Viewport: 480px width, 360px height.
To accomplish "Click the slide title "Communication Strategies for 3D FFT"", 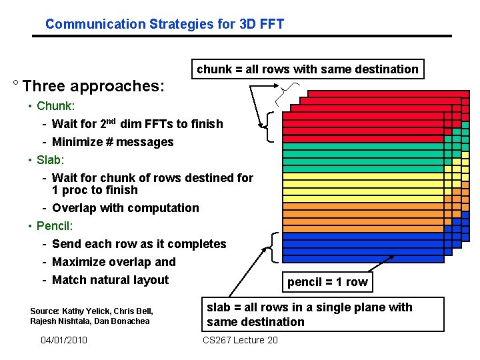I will coord(165,25).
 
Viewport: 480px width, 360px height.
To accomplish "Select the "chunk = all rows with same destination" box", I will coord(307,69).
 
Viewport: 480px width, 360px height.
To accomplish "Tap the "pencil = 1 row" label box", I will coord(327,282).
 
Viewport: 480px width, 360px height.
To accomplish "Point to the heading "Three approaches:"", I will coord(93,87).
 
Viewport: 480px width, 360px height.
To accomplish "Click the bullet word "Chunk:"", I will coord(55,106).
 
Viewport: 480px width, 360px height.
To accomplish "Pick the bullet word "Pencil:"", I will coord(55,226).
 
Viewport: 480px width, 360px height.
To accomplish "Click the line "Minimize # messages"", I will coord(112,142).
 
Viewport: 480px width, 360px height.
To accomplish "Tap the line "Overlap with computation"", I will coord(125,208).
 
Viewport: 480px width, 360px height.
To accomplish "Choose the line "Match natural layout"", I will coord(110,280).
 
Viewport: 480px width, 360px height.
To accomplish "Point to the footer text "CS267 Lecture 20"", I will coord(239,341).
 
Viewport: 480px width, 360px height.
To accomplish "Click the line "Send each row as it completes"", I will coord(139,244).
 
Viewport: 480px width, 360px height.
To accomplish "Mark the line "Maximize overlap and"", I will coord(113,262).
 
